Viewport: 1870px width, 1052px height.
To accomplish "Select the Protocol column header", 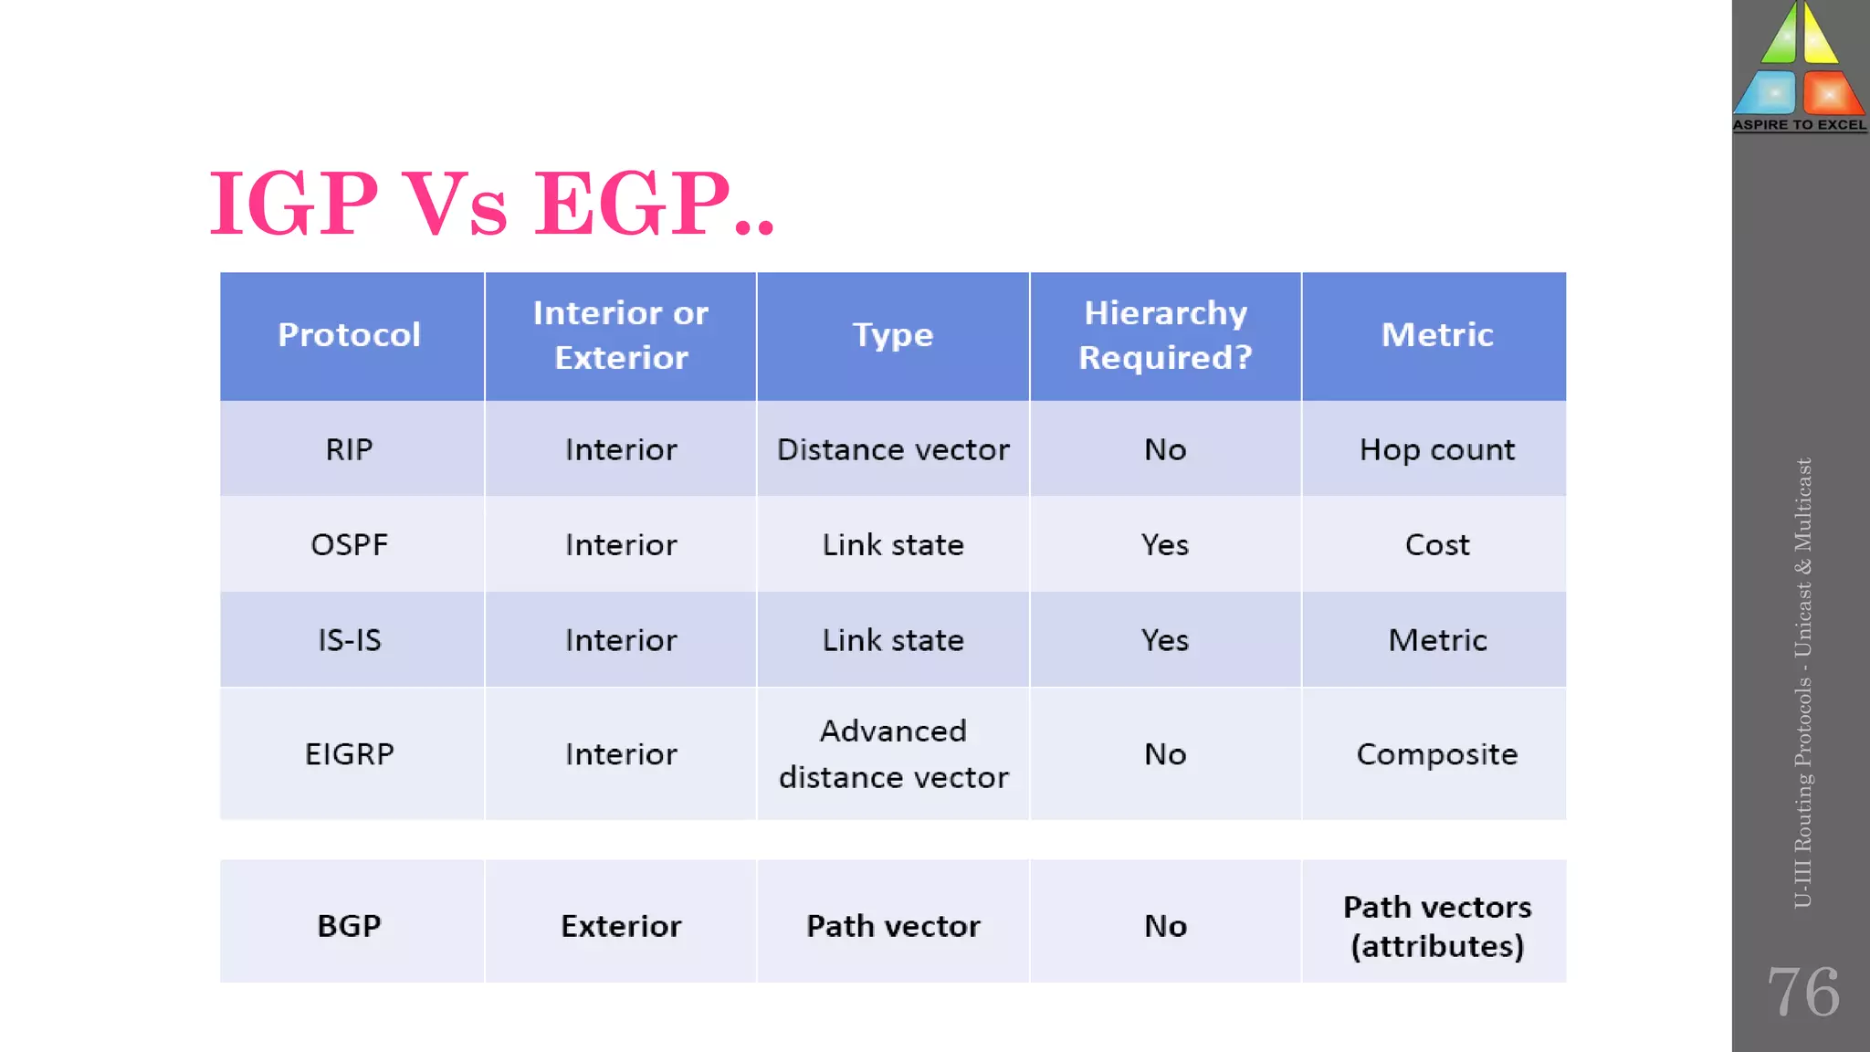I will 349,335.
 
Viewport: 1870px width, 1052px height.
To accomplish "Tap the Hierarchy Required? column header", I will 1165,335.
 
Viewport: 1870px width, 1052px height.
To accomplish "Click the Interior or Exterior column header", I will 621,335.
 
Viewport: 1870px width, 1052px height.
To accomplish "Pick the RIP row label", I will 349,449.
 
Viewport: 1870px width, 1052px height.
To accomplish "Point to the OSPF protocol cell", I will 349,545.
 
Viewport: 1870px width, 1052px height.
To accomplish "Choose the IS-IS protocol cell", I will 349,640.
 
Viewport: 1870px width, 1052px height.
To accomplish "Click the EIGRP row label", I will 349,754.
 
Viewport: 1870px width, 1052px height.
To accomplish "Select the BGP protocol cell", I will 349,926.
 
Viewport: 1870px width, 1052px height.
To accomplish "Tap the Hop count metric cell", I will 1436,449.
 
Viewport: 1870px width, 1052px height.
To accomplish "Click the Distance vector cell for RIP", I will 893,449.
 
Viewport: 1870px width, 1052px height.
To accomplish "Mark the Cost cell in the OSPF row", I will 1436,545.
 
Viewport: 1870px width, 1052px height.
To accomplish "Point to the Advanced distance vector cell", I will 893,754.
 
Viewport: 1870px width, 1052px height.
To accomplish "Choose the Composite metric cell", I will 1436,754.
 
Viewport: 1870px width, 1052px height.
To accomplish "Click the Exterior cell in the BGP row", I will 621,926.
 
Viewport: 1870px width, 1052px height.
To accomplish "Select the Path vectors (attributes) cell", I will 1436,926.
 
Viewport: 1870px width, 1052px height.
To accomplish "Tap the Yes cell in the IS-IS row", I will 1165,640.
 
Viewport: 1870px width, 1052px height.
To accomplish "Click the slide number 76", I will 1803,992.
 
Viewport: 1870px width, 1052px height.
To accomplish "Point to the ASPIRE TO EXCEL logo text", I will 1800,125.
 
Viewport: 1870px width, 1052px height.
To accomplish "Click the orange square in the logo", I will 1831,93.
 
